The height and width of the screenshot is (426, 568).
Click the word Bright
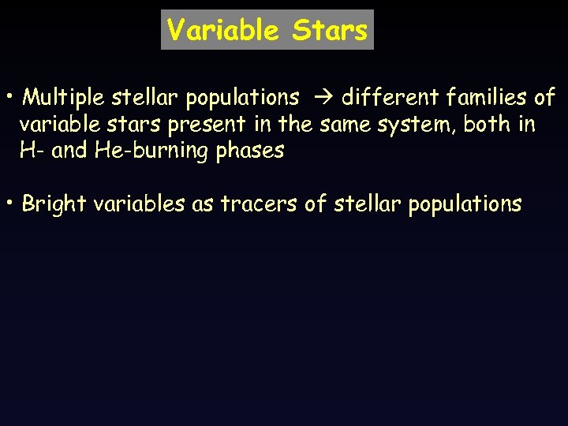[x=54, y=204]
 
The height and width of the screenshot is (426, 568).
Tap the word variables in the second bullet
[x=139, y=204]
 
